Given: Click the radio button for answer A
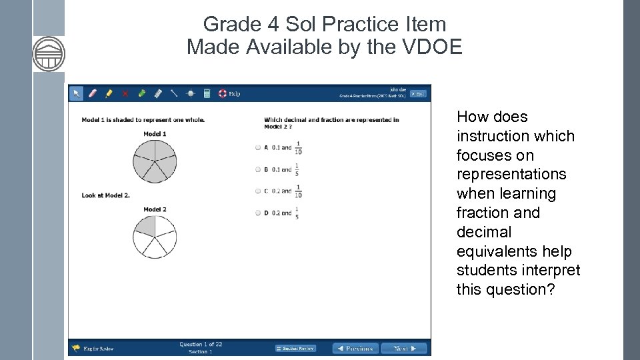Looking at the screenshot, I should [x=258, y=147].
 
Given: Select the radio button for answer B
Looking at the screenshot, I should [x=258, y=169].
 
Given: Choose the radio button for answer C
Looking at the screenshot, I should [x=258, y=191].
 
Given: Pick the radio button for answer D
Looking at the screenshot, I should [x=258, y=213].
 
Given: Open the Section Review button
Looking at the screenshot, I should [x=295, y=348].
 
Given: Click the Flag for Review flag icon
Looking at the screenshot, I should [x=76, y=348].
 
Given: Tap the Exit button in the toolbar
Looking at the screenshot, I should [x=418, y=93].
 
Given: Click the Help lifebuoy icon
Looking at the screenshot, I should [x=223, y=93].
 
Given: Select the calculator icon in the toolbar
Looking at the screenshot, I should [x=207, y=93].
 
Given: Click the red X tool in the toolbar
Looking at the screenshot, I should [x=125, y=93].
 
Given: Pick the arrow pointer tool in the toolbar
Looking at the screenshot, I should [x=76, y=93].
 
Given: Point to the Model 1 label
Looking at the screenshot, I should [x=155, y=134].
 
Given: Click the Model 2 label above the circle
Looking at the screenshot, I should [x=155, y=209].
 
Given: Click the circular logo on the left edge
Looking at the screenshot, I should [x=49, y=54].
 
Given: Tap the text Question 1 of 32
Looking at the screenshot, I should [x=201, y=344].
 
